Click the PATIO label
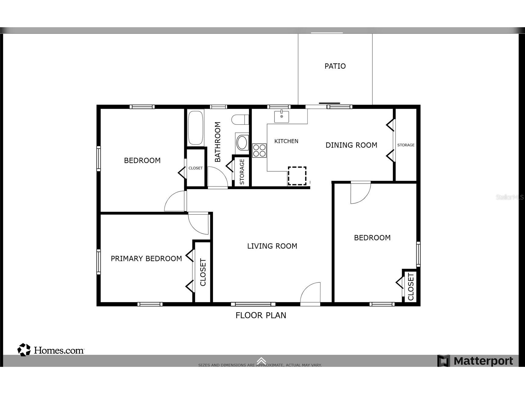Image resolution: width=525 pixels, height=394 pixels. point(335,66)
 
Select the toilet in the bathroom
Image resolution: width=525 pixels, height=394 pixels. point(240,120)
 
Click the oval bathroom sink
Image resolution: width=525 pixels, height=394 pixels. point(242,143)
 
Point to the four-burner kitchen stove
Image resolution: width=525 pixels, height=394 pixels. point(259,150)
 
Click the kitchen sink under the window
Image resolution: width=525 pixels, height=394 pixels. point(282,116)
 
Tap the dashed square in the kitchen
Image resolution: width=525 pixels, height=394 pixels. point(297,176)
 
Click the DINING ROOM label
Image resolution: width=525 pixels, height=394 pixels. point(351,145)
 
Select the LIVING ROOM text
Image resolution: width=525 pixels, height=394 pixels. point(272,246)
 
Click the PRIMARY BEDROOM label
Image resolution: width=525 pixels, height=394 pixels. point(146,259)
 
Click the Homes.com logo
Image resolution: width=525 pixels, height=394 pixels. point(51,350)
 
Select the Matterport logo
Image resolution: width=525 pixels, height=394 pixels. point(475,361)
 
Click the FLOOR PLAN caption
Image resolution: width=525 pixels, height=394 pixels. point(261,315)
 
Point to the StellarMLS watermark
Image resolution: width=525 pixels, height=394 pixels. point(509,197)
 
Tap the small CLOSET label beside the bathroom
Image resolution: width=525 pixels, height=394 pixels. point(195,168)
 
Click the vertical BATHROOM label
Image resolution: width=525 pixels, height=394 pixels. point(218,142)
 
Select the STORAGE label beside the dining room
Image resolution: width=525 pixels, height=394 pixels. point(406,145)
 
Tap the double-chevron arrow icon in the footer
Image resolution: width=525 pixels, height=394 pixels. point(261,361)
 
